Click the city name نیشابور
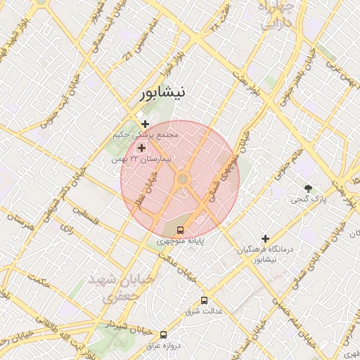[x=162, y=92]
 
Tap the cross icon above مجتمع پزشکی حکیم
[x=145, y=124]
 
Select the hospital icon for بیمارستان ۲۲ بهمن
[x=141, y=148]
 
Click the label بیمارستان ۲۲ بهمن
[x=148, y=160]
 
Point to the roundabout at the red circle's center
[x=183, y=180]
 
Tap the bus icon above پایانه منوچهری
[x=181, y=230]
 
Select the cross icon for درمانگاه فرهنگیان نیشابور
[x=265, y=238]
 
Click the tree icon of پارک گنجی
[x=308, y=188]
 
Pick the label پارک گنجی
[x=308, y=200]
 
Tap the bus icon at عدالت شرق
[x=204, y=300]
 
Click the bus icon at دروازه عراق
[x=164, y=335]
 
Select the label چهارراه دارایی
[x=279, y=15]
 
